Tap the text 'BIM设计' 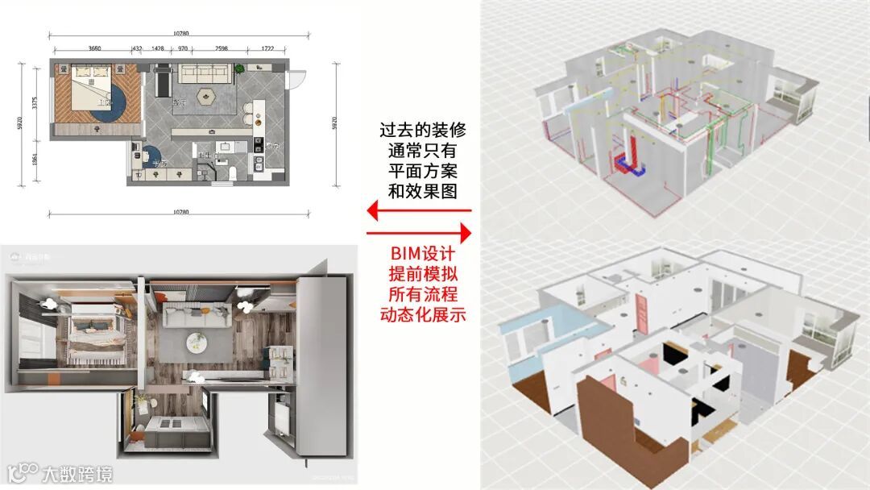click(x=425, y=254)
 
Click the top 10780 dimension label click(x=180, y=33)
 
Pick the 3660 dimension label click(x=94, y=48)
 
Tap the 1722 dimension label click(x=267, y=48)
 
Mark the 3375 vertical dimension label click(x=35, y=103)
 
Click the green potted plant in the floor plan click(x=240, y=70)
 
